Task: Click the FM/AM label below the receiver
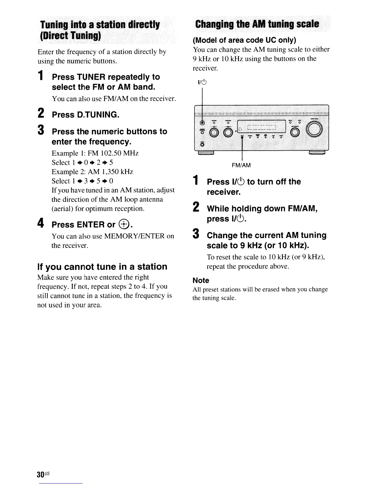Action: pos(241,165)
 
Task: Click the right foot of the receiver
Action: pos(317,153)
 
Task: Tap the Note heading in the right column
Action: pos(201,280)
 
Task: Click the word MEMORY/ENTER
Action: pos(135,236)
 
